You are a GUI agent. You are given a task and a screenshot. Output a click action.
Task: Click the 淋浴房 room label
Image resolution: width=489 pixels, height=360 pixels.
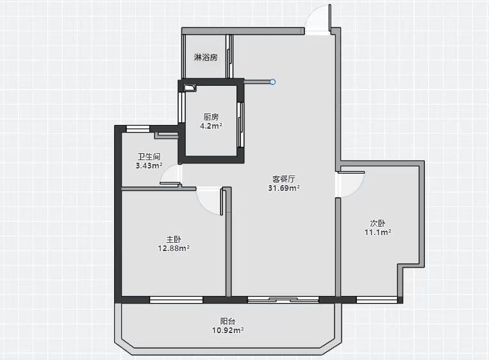[206, 58]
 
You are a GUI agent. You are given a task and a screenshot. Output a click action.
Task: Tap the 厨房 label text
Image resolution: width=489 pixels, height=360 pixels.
[211, 117]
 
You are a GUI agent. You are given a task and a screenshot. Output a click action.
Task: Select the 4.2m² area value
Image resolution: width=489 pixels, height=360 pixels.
[211, 126]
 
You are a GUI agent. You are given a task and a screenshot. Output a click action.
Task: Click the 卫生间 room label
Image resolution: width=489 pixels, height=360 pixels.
[149, 156]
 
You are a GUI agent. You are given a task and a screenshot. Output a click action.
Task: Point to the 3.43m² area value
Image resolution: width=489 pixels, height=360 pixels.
[149, 165]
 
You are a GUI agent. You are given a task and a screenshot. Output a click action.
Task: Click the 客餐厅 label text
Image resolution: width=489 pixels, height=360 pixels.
[284, 179]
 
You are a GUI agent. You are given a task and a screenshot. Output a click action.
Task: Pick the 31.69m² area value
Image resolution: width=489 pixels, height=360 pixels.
[284, 188]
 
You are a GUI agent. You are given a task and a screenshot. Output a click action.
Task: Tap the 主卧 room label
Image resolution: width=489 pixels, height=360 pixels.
[174, 239]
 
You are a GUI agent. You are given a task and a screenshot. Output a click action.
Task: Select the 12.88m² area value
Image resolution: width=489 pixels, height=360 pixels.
[174, 249]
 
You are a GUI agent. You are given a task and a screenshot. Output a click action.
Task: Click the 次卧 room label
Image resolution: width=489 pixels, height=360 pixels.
[377, 223]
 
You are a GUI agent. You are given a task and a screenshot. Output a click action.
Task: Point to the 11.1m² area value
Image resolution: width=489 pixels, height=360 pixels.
[377, 233]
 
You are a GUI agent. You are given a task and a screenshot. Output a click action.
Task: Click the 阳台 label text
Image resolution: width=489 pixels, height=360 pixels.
[228, 321]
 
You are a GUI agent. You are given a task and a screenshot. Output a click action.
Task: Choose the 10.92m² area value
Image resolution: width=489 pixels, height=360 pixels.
[228, 330]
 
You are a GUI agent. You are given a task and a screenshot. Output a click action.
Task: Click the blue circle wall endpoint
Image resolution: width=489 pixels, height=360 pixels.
[272, 82]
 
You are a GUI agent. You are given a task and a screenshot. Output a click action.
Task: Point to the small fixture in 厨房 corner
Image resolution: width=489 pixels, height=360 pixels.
[190, 88]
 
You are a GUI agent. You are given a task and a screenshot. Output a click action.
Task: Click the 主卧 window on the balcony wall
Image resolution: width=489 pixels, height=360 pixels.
[176, 300]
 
